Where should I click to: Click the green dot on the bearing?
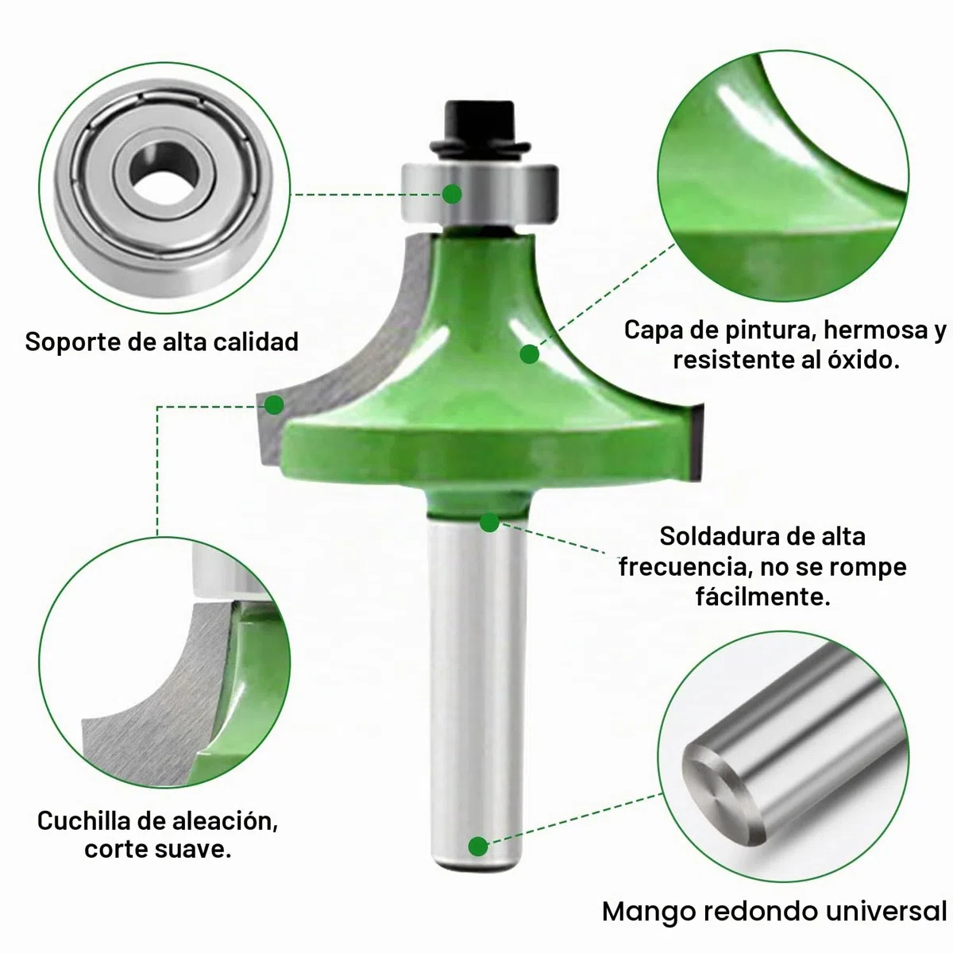pos(452,194)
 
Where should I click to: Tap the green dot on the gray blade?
pos(274,405)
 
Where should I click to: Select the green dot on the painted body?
pos(529,354)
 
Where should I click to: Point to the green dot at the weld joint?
pos(489,523)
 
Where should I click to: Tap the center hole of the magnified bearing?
pos(165,174)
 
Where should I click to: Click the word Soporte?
pos(73,342)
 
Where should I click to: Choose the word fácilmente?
pos(762,597)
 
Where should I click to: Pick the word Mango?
pos(648,912)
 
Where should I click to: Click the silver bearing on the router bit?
pos(480,193)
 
